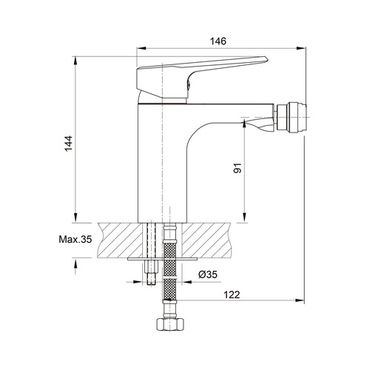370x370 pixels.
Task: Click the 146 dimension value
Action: (x=218, y=41)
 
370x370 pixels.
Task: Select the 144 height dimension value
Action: (x=68, y=144)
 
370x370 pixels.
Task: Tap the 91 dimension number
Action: (x=238, y=168)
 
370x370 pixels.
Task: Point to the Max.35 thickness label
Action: (x=75, y=239)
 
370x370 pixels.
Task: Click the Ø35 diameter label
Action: (x=208, y=275)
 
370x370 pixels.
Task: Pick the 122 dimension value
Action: (x=232, y=295)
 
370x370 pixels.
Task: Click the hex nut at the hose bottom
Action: (x=170, y=324)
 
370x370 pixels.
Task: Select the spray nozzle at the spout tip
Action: (x=292, y=117)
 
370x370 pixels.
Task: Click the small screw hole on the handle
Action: (x=189, y=85)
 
